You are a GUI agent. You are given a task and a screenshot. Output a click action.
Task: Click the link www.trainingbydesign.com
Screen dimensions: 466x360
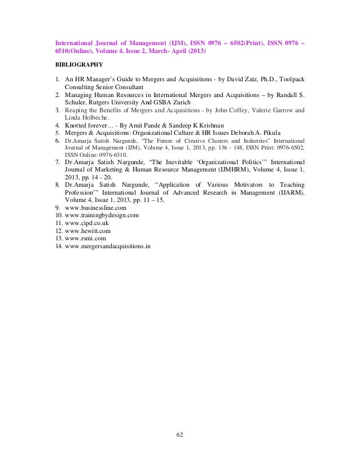[x=102, y=216]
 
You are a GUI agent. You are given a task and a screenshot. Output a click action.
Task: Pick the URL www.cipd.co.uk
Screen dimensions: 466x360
[x=87, y=223]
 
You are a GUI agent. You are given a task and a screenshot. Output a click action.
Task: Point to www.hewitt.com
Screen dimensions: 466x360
[x=87, y=231]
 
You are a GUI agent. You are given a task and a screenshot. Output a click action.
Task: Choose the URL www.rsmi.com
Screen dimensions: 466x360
[x=84, y=239]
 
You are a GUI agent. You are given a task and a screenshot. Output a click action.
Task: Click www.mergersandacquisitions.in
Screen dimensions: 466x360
[x=108, y=247]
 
